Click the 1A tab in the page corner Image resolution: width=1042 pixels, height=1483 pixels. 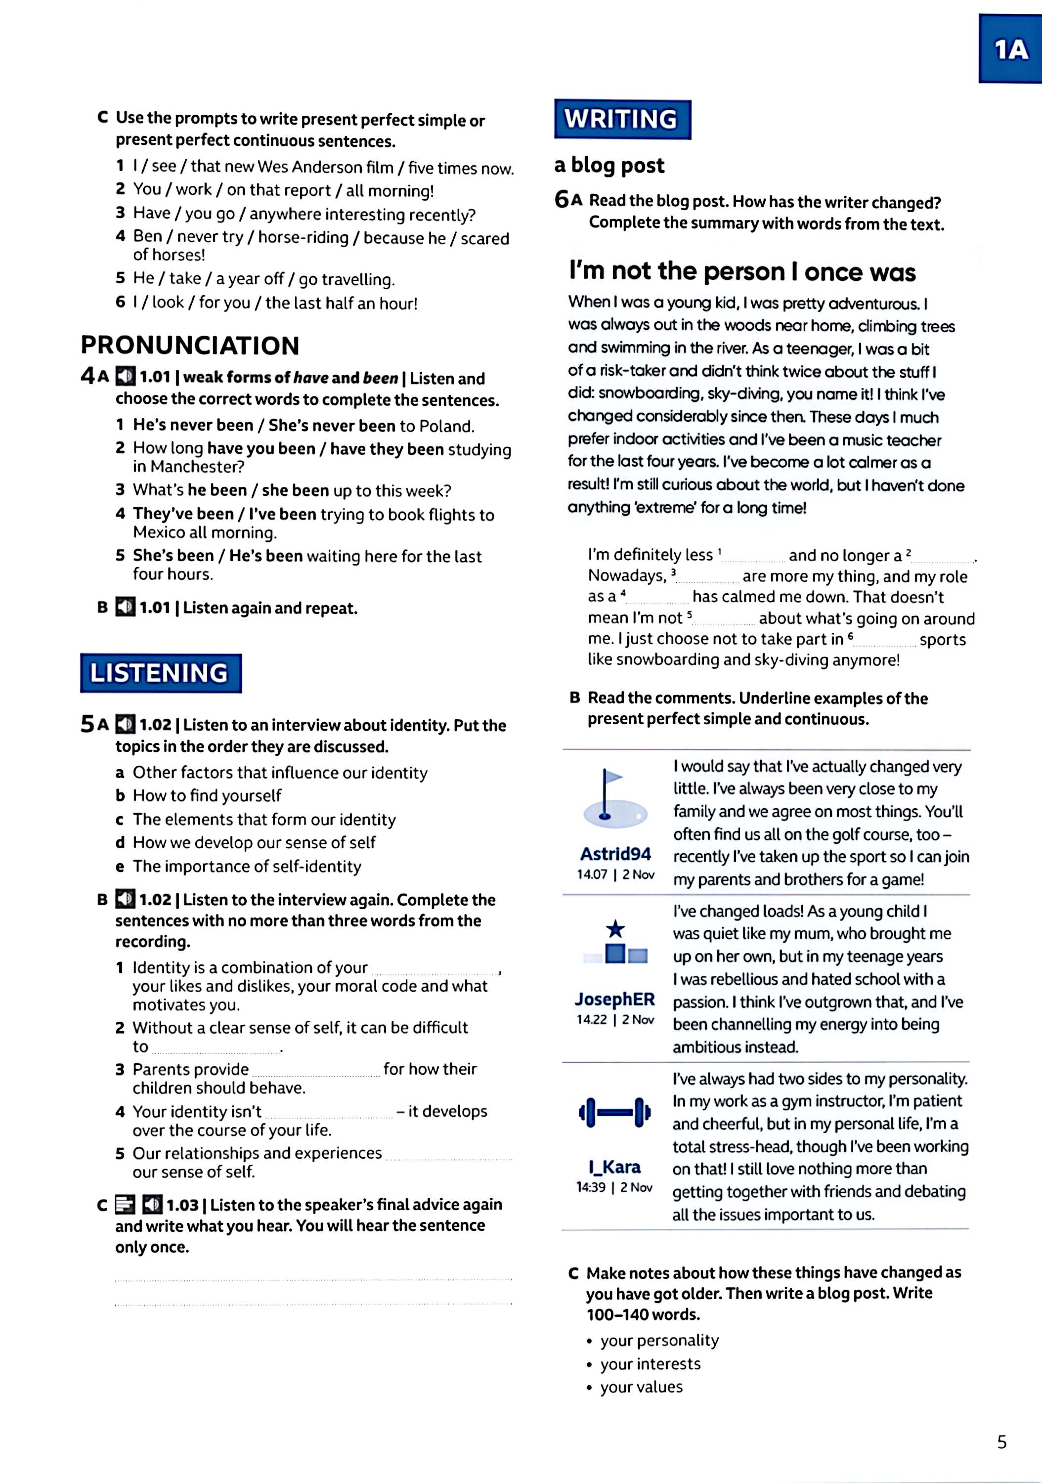(x=1010, y=49)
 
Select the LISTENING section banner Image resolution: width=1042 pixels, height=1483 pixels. (x=160, y=673)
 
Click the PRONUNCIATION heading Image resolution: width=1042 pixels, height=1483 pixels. (x=190, y=346)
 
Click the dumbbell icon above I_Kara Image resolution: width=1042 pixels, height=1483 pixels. (x=614, y=1112)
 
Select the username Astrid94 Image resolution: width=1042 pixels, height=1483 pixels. (x=615, y=854)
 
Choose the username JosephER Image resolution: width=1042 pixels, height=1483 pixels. (x=614, y=999)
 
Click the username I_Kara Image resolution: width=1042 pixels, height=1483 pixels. (x=614, y=1167)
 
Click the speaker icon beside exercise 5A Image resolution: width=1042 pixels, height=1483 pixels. (x=126, y=725)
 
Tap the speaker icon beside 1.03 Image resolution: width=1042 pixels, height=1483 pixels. (x=152, y=1205)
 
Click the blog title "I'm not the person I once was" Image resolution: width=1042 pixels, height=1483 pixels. (x=741, y=271)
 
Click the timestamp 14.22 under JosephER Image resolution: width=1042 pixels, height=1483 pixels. (x=591, y=1019)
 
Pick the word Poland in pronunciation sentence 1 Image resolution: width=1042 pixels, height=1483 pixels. (x=446, y=426)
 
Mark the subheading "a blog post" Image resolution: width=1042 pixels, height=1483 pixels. (x=608, y=165)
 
